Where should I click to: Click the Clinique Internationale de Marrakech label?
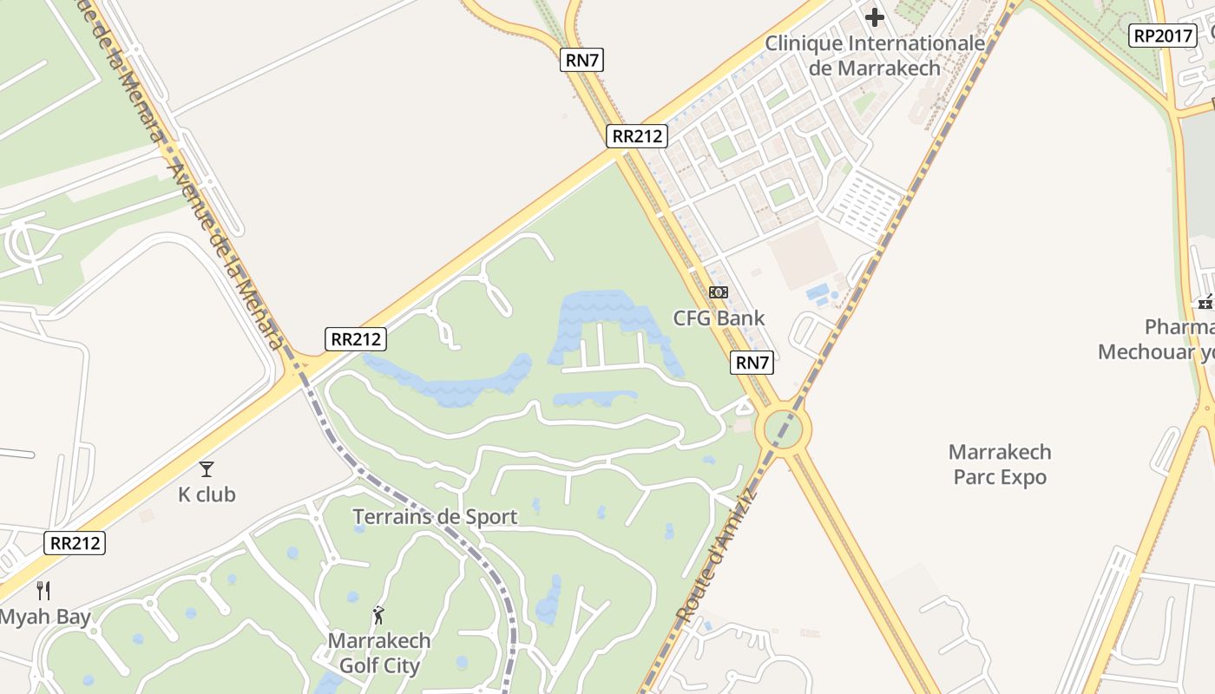coord(875,55)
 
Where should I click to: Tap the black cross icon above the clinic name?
coord(875,16)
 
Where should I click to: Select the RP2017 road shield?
coord(1162,36)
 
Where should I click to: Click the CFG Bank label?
coord(719,318)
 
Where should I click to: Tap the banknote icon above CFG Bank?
coord(719,292)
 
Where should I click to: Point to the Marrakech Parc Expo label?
coord(1000,464)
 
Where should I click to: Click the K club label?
coord(207,494)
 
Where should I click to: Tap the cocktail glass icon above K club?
coord(207,469)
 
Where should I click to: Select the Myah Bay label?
coord(44,618)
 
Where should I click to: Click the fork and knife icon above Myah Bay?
coord(43,591)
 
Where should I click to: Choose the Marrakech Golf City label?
coord(379,653)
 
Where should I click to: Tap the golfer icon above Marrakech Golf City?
coord(378,616)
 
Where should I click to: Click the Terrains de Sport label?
coord(434,517)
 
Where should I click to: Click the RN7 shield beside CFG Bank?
coord(752,363)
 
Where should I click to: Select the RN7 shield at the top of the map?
coord(582,60)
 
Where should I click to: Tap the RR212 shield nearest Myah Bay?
coord(75,543)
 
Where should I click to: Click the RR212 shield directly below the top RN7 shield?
coord(637,135)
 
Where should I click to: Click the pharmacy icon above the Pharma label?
coord(1205,302)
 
